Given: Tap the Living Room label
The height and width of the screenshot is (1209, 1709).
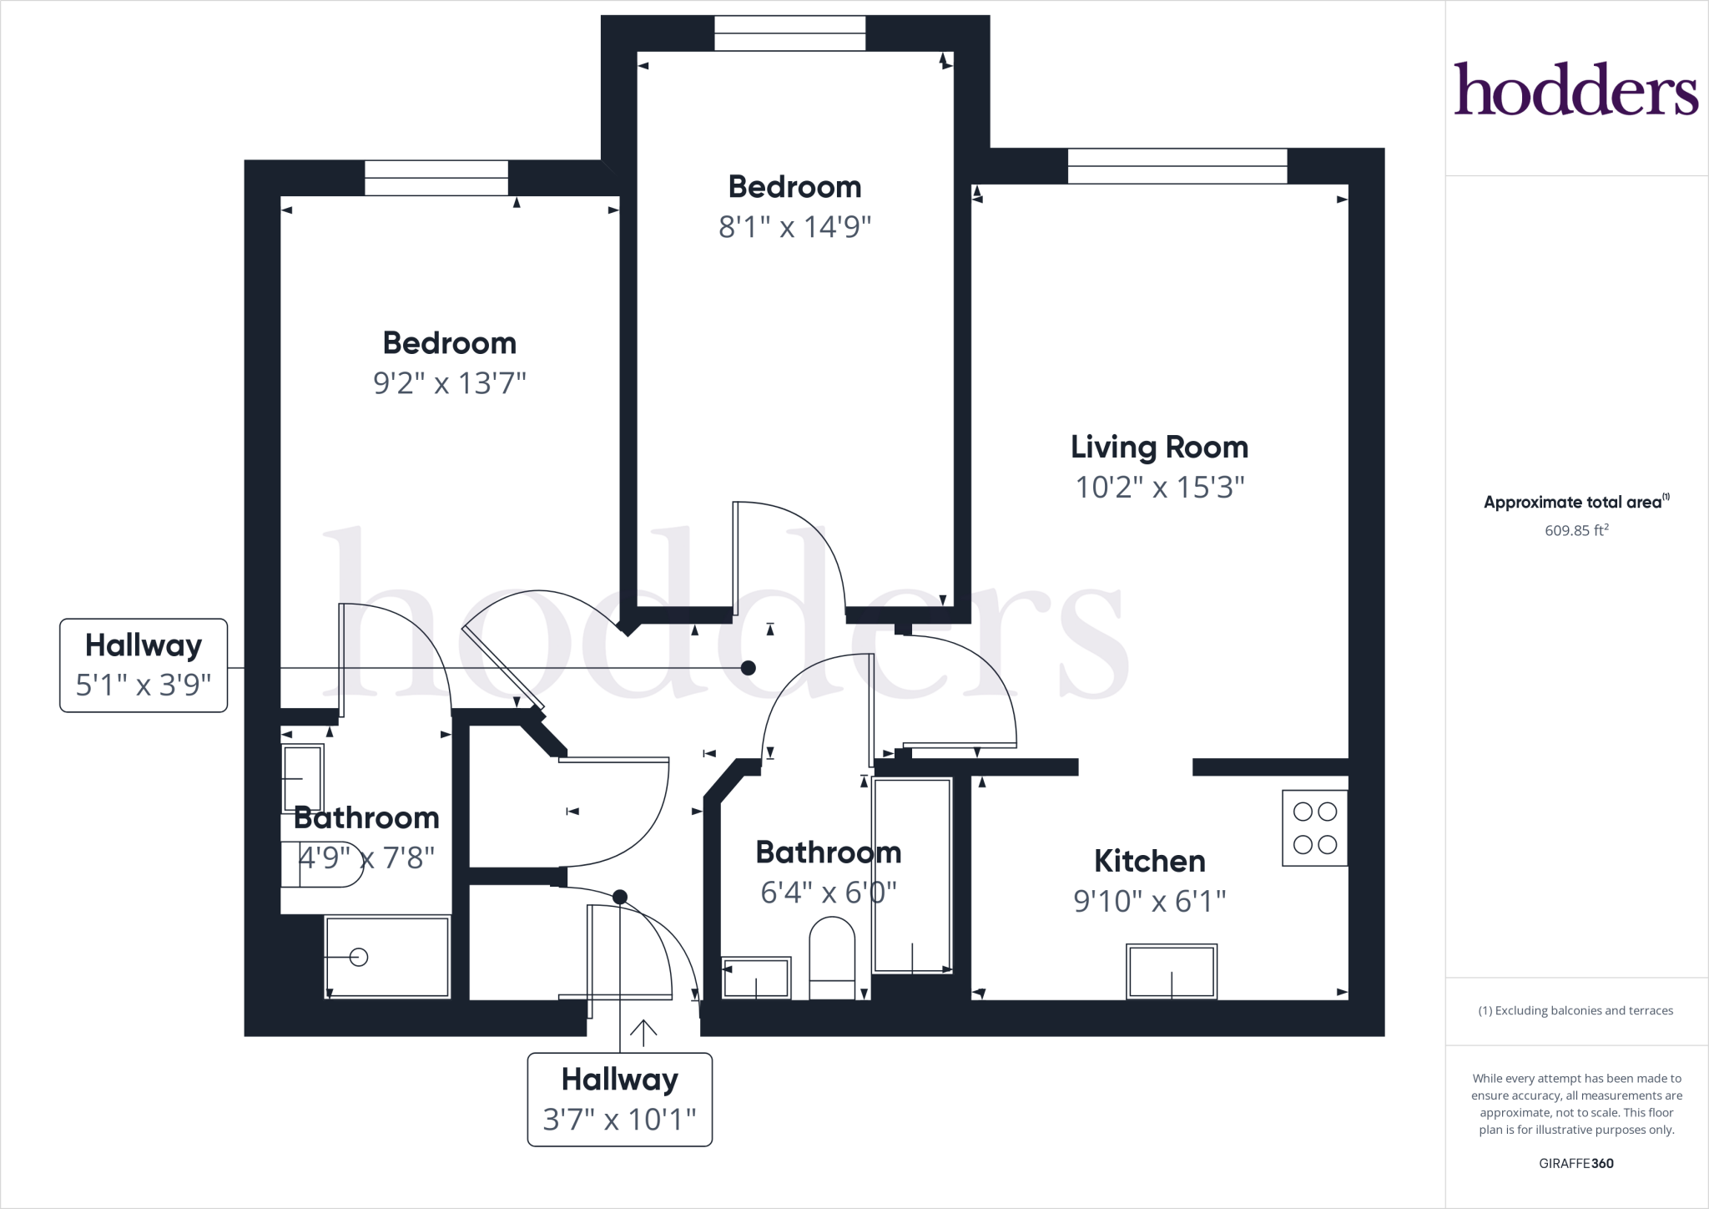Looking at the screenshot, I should click(1159, 448).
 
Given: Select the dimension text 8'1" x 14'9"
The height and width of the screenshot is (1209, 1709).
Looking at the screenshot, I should click(794, 227).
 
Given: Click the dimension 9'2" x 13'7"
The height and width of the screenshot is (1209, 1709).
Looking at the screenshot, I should click(449, 383).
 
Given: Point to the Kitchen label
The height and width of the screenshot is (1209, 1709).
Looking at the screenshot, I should click(1149, 861).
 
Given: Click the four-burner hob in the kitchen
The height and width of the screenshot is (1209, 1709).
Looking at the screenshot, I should click(1314, 827).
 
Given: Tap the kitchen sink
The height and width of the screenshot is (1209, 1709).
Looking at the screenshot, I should click(1171, 971).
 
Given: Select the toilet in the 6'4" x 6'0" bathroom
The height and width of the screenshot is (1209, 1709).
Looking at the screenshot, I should click(832, 957).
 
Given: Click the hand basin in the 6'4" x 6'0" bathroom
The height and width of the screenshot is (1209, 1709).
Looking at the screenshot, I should click(756, 977).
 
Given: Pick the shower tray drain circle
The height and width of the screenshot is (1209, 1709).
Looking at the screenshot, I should click(359, 957).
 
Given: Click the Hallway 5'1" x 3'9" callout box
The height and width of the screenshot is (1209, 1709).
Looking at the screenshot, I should click(144, 665).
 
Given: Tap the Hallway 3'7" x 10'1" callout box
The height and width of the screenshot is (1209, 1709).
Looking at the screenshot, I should click(619, 1099).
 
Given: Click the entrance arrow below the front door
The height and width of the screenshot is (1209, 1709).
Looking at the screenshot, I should click(643, 1033).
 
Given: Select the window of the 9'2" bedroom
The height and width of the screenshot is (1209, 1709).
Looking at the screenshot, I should click(436, 178).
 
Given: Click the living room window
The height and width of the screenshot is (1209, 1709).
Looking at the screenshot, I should click(1177, 165).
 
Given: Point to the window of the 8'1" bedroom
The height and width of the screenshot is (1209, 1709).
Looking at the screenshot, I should click(789, 33).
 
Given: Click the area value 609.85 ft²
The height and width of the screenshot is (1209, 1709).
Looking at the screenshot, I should click(1575, 530).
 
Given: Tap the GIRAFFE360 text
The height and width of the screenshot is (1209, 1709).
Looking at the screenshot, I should click(1575, 1163).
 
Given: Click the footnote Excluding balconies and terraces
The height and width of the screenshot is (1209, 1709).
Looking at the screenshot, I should click(1575, 1010).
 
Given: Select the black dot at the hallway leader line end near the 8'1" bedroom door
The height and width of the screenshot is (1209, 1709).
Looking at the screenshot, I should click(749, 668).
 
